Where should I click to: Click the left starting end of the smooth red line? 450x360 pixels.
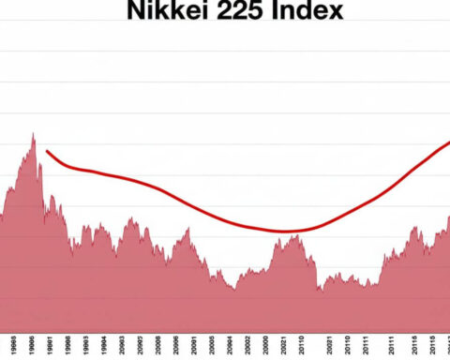(46, 151)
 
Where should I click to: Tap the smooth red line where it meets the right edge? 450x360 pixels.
(447, 143)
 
